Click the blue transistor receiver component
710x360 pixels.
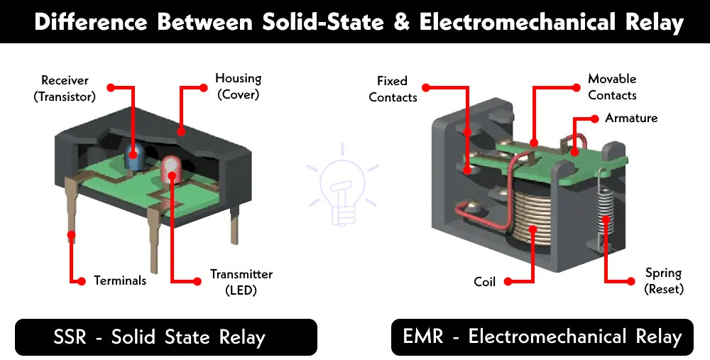tap(134, 158)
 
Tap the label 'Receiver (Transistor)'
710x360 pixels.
tap(65, 88)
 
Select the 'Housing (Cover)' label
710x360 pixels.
tap(238, 86)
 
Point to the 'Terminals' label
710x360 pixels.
tap(120, 280)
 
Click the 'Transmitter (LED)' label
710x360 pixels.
tap(241, 282)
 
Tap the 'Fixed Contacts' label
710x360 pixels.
tap(393, 89)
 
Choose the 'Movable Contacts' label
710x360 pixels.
tap(612, 87)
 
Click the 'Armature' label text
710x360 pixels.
tap(631, 118)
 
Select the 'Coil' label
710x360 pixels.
tap(485, 282)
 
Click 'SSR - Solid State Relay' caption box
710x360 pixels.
tap(166, 337)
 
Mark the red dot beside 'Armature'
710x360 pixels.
tap(594, 118)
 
